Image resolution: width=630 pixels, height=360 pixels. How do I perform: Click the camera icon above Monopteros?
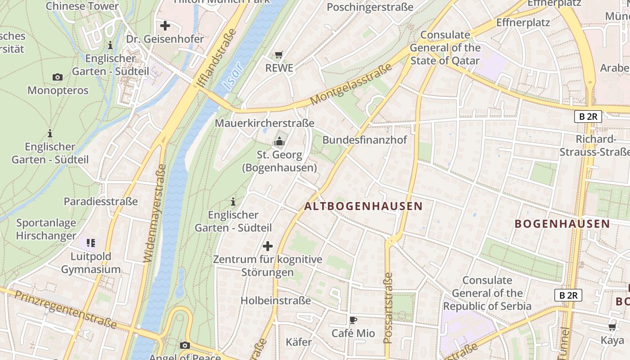coord(58,77)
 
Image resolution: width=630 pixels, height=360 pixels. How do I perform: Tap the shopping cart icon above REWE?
coord(279,55)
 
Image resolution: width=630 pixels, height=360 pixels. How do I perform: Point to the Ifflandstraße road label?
coord(217,58)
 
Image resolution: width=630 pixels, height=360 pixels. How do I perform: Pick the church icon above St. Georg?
coord(279,142)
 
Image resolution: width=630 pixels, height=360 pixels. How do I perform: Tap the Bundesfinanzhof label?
coord(364,140)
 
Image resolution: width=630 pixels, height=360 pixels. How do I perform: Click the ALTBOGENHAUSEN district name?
coord(364,206)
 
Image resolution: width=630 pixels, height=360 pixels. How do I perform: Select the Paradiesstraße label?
coord(101,201)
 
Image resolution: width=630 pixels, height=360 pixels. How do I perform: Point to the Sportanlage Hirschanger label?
coord(46,229)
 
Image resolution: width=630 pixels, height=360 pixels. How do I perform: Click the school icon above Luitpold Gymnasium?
coord(91,243)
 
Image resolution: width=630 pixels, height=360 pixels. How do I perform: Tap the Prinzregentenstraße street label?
coord(66,309)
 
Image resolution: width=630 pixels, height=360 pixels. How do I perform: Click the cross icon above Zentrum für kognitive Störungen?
coord(268,246)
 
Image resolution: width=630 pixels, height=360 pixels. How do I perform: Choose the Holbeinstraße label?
coord(276,300)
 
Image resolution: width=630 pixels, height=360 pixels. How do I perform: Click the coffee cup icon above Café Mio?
coord(353,320)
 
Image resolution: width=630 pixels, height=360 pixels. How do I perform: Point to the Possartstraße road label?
coord(388,308)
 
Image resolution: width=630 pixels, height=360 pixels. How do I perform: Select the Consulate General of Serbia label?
coord(487,293)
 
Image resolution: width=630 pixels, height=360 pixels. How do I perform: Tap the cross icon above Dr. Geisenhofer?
coord(165,26)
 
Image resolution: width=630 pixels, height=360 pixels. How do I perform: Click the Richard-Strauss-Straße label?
coord(594,145)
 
